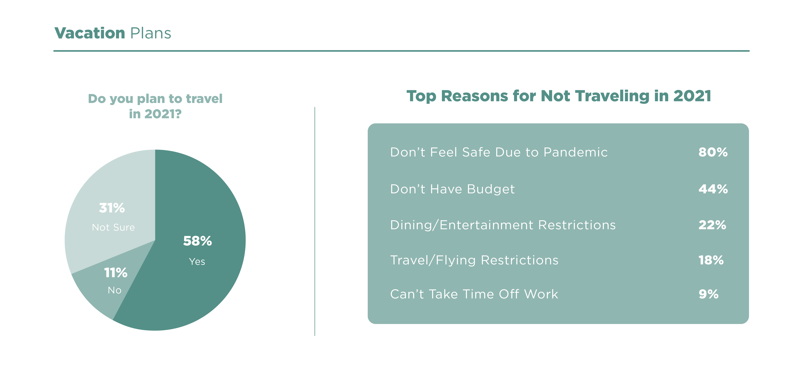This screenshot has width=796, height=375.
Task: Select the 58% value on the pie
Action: click(198, 241)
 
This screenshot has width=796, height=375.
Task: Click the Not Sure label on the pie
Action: click(113, 227)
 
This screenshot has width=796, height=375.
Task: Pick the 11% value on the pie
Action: click(116, 273)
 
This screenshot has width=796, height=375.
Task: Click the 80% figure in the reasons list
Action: click(713, 152)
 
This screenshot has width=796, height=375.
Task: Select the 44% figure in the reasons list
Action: click(713, 189)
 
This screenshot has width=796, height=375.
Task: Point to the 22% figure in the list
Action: click(713, 225)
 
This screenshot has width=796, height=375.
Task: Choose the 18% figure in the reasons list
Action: click(711, 260)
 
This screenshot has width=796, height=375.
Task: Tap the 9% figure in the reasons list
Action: click(709, 294)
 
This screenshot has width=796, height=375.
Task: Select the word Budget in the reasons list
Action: click(491, 189)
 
